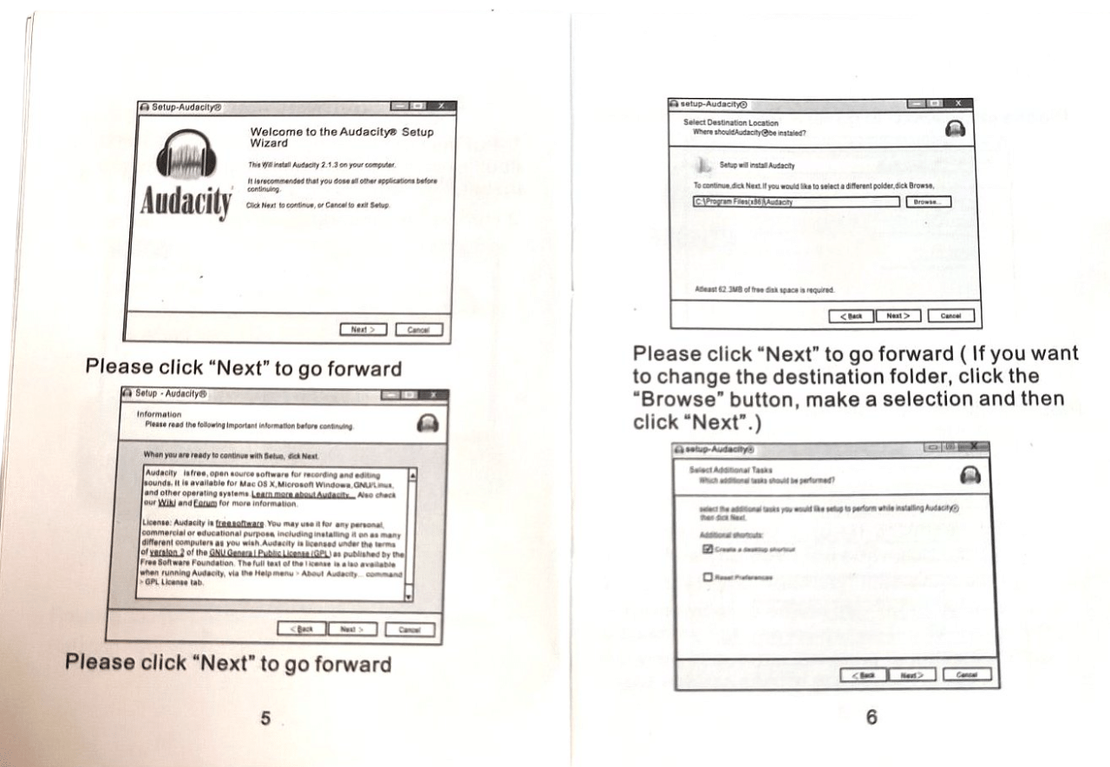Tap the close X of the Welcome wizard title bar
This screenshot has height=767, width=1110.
[440, 106]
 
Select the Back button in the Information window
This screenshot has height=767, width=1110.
[301, 628]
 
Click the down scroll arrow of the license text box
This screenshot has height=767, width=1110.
[410, 597]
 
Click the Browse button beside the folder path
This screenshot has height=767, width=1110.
[928, 202]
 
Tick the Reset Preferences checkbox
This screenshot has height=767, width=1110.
[708, 577]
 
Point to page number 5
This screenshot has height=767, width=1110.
[265, 717]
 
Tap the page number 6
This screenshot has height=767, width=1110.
[872, 717]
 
